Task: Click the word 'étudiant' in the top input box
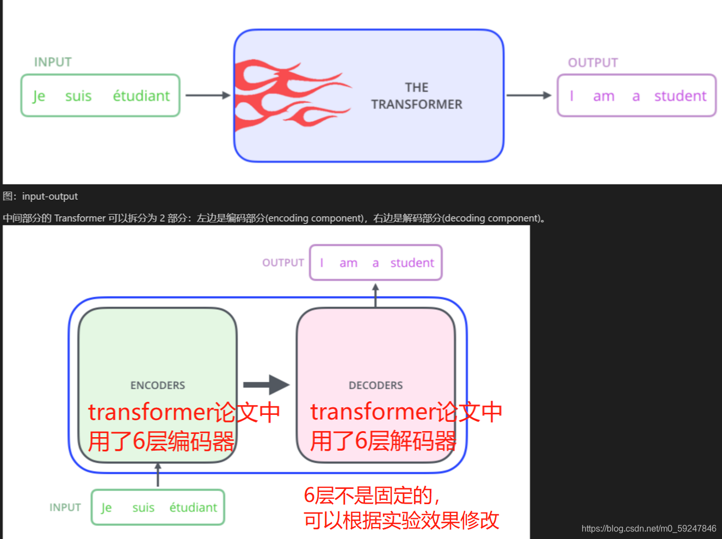(x=141, y=96)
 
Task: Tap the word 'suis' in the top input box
(x=78, y=96)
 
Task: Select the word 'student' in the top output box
(x=680, y=96)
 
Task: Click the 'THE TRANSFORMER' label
(x=417, y=96)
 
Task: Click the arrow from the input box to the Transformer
(x=208, y=95)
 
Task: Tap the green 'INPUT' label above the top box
(x=53, y=62)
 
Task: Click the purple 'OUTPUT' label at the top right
(x=593, y=63)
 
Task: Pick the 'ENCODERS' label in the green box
(x=158, y=385)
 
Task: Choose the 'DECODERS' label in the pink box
(x=376, y=385)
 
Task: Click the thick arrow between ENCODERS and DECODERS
(x=266, y=384)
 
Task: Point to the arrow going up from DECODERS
(x=375, y=295)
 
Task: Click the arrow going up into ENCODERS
(x=158, y=475)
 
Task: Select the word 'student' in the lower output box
(x=412, y=263)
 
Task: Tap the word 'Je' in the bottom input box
(x=107, y=508)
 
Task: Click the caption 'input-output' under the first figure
(x=50, y=197)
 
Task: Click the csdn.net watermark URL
(x=649, y=529)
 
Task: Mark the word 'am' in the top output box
(x=603, y=97)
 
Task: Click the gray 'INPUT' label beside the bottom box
(x=65, y=507)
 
